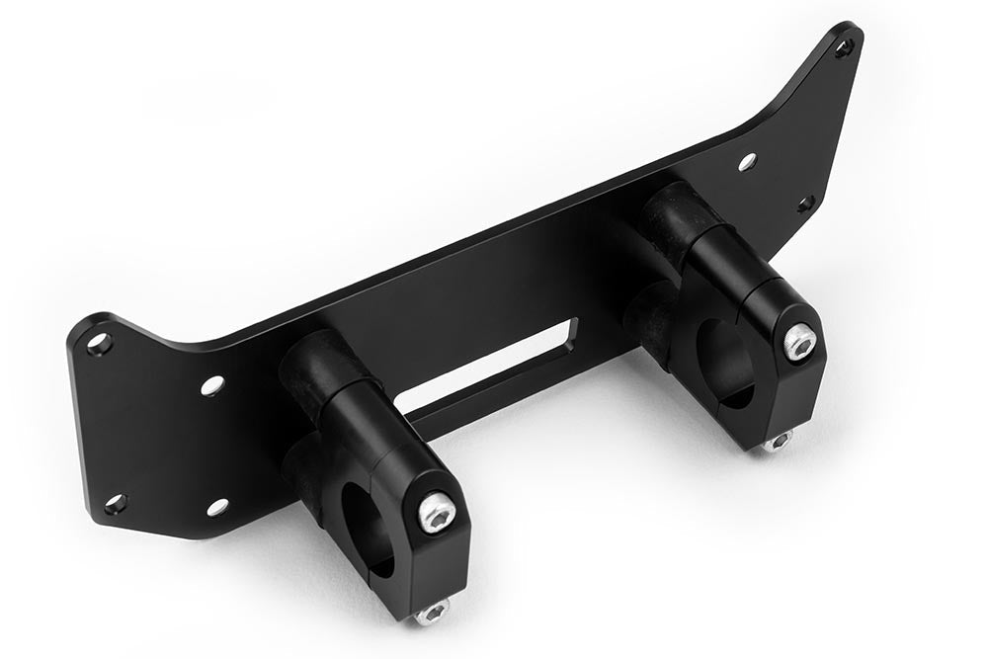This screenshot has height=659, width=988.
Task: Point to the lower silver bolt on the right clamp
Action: click(778, 442)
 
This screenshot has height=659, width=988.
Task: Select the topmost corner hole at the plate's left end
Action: click(98, 344)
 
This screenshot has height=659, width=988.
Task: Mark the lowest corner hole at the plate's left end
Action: click(115, 504)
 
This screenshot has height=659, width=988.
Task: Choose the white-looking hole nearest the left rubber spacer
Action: click(211, 385)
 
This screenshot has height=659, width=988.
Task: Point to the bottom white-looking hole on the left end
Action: click(215, 508)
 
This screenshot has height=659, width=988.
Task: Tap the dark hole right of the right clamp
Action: click(804, 205)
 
